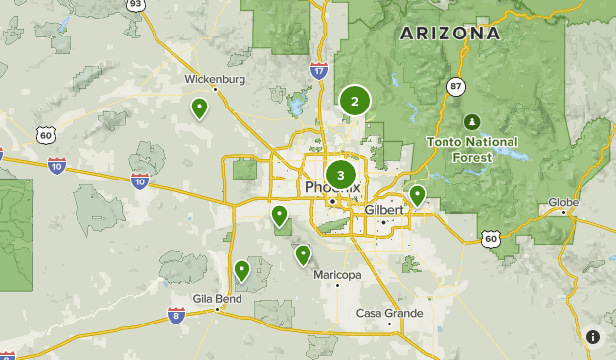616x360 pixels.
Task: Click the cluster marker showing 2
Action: click(355, 100)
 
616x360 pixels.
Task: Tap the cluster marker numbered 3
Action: click(341, 176)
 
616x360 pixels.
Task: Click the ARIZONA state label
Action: click(448, 34)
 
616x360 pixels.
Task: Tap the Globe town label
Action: click(563, 202)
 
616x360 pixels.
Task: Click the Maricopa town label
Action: click(337, 274)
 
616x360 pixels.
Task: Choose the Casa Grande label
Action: click(389, 313)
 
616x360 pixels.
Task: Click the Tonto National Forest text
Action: click(472, 149)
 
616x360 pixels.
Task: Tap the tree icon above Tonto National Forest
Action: click(472, 121)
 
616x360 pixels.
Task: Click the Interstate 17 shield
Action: click(318, 70)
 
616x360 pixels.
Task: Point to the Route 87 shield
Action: click(454, 87)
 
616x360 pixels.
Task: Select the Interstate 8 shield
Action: click(175, 315)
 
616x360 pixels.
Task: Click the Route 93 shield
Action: click(135, 4)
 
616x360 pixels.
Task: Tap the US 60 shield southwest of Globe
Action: click(490, 238)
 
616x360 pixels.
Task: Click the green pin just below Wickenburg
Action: click(200, 108)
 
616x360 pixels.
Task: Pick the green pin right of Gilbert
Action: click(418, 195)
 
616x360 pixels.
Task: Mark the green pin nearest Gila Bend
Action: click(241, 270)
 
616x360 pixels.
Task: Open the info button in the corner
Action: click(593, 337)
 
